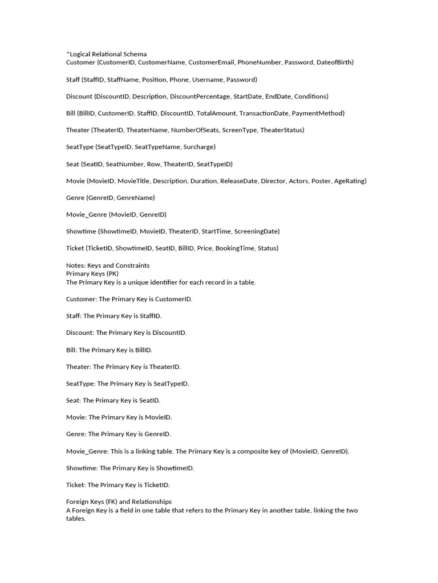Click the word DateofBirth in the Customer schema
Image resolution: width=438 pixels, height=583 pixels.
click(x=335, y=62)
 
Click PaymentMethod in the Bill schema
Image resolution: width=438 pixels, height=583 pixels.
click(x=318, y=113)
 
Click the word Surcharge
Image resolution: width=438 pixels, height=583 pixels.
click(x=199, y=147)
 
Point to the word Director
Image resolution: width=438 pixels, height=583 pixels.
click(x=273, y=181)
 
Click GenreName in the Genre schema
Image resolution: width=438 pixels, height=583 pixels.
click(x=136, y=198)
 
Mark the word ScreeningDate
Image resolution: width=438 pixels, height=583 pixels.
click(x=257, y=231)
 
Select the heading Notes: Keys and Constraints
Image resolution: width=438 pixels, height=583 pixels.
click(x=108, y=265)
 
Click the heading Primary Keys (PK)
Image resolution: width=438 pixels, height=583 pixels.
click(x=92, y=273)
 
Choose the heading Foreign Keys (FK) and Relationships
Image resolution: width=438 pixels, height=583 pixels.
click(x=119, y=502)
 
